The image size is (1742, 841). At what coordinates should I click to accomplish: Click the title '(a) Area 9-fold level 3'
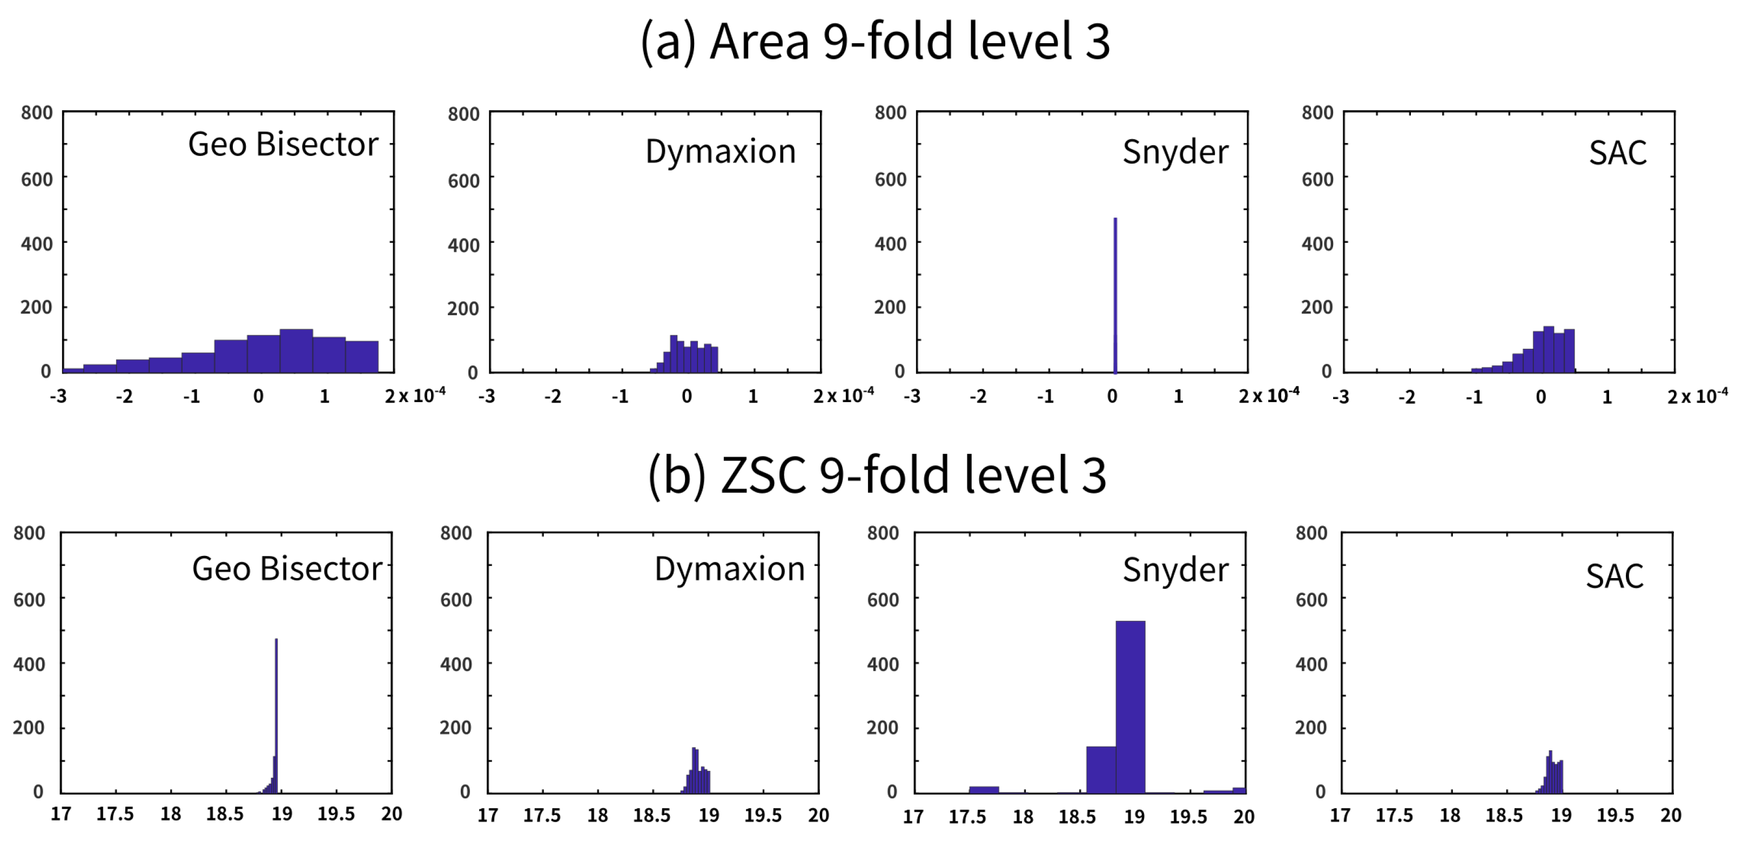tap(875, 42)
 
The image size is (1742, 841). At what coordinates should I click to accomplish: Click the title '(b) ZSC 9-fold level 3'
tap(877, 475)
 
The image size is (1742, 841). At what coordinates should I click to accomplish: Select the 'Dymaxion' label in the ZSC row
tap(729, 569)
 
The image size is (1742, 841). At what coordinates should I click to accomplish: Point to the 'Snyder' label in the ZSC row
tap(1175, 570)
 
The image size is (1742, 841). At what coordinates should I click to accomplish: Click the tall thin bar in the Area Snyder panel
tap(1115, 295)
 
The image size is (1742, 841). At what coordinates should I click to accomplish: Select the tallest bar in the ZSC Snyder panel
tap(1130, 707)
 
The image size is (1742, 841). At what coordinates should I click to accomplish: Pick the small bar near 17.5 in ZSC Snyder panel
tap(984, 789)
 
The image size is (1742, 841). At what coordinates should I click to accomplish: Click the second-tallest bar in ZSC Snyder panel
tap(1101, 769)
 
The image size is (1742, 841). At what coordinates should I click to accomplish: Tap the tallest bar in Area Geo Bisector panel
tap(296, 350)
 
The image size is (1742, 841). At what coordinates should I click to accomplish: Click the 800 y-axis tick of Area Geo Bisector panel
tap(37, 113)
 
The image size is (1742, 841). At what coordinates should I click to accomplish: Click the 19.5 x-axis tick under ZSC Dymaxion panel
tap(763, 815)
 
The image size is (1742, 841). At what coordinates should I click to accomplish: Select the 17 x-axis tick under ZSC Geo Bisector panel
tap(61, 814)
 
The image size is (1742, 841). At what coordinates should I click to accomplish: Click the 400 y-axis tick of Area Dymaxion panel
tap(463, 245)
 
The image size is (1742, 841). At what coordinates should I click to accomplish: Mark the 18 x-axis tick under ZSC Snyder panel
tap(1023, 817)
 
